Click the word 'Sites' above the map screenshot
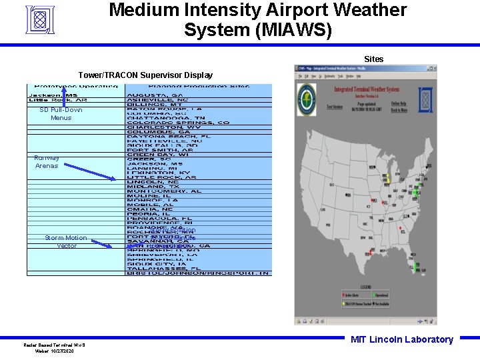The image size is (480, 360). [x=373, y=59]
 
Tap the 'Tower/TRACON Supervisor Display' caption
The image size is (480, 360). [x=145, y=75]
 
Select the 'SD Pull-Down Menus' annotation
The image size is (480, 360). [x=61, y=113]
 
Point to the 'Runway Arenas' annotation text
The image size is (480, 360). [x=47, y=161]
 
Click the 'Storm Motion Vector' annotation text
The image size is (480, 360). [x=65, y=241]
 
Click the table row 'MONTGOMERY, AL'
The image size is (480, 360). [x=164, y=191]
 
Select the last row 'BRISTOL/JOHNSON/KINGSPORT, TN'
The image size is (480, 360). [x=198, y=272]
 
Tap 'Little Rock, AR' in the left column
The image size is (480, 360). [x=58, y=100]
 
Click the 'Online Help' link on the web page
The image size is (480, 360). [x=398, y=103]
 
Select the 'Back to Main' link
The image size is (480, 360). [x=399, y=110]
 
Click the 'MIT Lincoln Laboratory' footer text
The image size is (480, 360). [x=401, y=339]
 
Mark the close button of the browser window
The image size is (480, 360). [x=434, y=67]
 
